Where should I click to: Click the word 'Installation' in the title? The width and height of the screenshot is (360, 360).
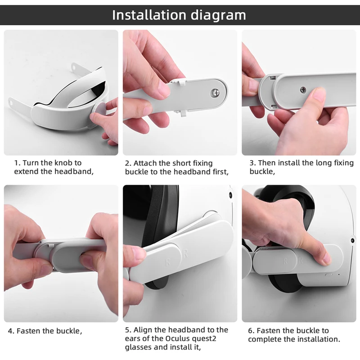149,15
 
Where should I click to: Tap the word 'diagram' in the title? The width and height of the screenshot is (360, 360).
218,16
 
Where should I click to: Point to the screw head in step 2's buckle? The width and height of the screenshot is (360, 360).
215,93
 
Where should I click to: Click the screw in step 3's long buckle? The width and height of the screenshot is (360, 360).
303,90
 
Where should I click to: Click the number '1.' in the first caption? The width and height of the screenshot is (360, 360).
17,163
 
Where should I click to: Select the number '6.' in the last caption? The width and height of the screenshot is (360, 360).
252,331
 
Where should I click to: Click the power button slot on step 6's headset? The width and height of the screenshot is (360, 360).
328,274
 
